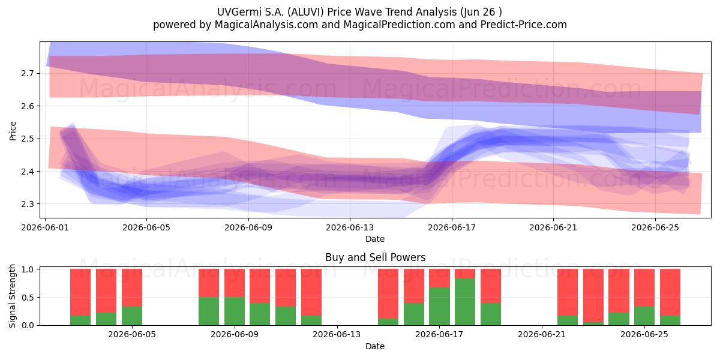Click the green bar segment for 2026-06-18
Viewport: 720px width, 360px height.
click(x=465, y=301)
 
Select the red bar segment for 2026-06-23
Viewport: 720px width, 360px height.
click(x=593, y=295)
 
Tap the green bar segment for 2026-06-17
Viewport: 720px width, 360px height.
click(x=439, y=306)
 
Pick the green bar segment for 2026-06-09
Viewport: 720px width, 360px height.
click(x=235, y=311)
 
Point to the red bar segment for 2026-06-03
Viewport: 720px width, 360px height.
click(x=106, y=290)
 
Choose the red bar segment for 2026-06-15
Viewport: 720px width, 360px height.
click(x=388, y=293)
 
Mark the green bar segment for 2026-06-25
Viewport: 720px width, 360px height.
click(x=644, y=316)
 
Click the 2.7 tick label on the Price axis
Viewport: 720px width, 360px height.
click(x=28, y=74)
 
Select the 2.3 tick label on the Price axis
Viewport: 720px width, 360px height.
click(x=28, y=204)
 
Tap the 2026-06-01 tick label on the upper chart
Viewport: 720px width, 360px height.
click(x=45, y=227)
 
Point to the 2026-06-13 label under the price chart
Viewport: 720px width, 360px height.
click(x=350, y=227)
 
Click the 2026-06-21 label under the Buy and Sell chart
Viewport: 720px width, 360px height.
click(x=542, y=335)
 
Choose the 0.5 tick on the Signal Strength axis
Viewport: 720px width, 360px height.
click(x=28, y=298)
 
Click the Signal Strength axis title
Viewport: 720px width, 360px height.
click(x=12, y=296)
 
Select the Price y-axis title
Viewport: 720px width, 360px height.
click(x=13, y=131)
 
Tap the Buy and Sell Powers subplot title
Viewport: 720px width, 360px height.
click(x=375, y=257)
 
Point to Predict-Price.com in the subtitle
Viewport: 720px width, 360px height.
click(x=524, y=25)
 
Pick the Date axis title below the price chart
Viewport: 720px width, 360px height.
click(x=375, y=239)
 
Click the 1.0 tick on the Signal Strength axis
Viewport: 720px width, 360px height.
click(x=28, y=269)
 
